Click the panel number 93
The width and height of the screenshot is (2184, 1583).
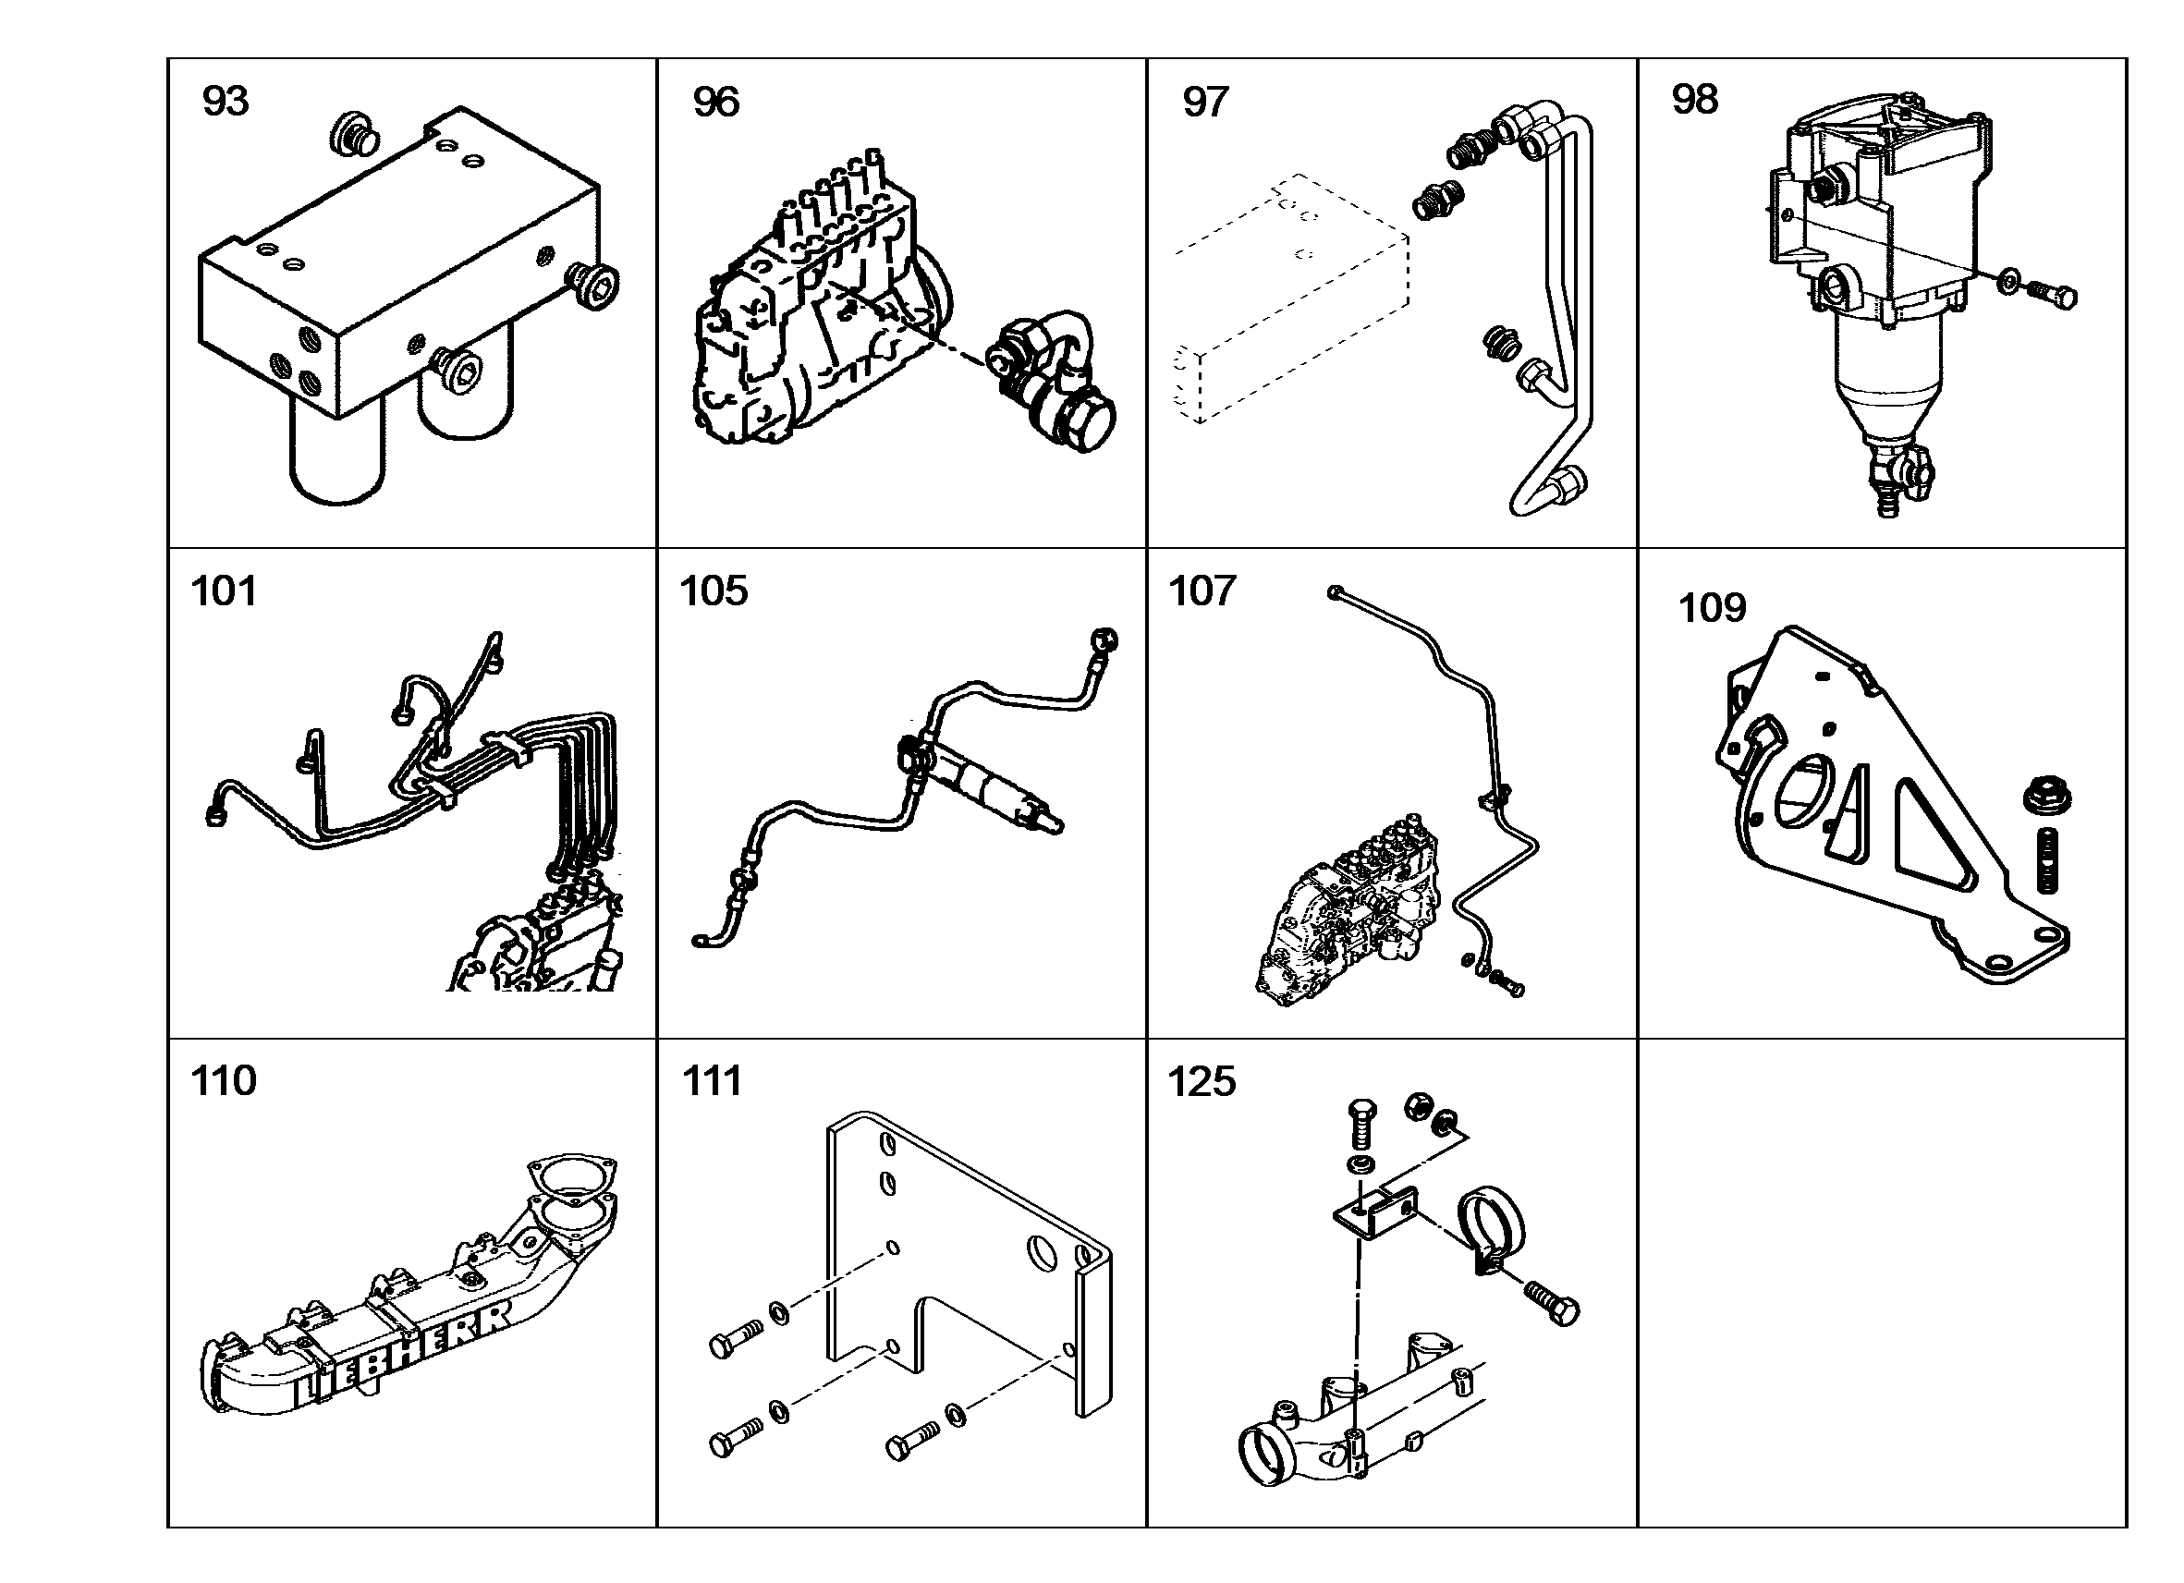[x=226, y=101]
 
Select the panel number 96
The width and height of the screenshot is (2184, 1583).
[x=716, y=102]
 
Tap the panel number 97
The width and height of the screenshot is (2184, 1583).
[x=1205, y=102]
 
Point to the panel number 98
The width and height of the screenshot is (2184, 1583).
[x=1695, y=99]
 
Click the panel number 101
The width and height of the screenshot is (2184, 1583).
[x=225, y=591]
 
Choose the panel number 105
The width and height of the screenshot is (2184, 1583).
[x=714, y=591]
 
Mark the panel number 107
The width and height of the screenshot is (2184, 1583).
[x=1202, y=591]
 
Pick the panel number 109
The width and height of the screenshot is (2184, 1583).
[x=1712, y=607]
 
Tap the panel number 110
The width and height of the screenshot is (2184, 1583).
[x=225, y=1081]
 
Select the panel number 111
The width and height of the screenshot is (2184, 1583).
[x=713, y=1081]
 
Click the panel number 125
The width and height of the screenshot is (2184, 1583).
[x=1202, y=1081]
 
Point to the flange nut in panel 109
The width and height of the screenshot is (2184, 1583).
[x=2047, y=797]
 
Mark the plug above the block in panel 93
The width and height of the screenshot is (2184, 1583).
[x=354, y=135]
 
